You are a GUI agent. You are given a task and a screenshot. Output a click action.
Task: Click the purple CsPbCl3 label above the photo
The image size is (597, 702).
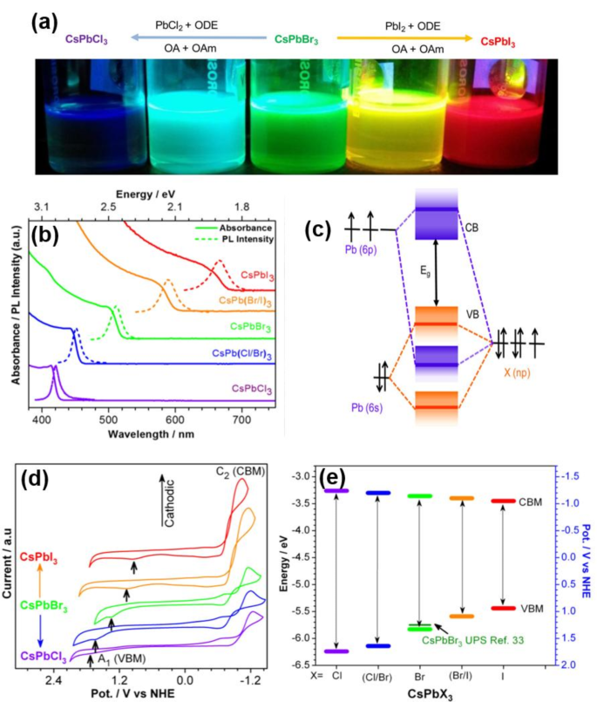click(x=86, y=39)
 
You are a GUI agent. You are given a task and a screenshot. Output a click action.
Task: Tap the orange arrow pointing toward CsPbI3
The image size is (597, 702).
click(x=405, y=38)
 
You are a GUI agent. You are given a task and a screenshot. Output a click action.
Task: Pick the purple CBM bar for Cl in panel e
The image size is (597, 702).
click(x=336, y=492)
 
